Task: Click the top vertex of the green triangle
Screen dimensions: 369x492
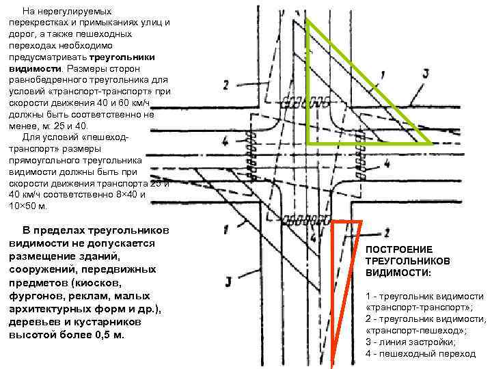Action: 307,18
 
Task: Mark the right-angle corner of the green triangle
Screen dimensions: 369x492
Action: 307,143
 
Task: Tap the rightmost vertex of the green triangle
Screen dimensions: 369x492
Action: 430,143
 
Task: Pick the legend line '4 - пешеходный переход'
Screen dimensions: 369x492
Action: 420,354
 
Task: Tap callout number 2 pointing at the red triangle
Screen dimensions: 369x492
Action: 387,232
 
